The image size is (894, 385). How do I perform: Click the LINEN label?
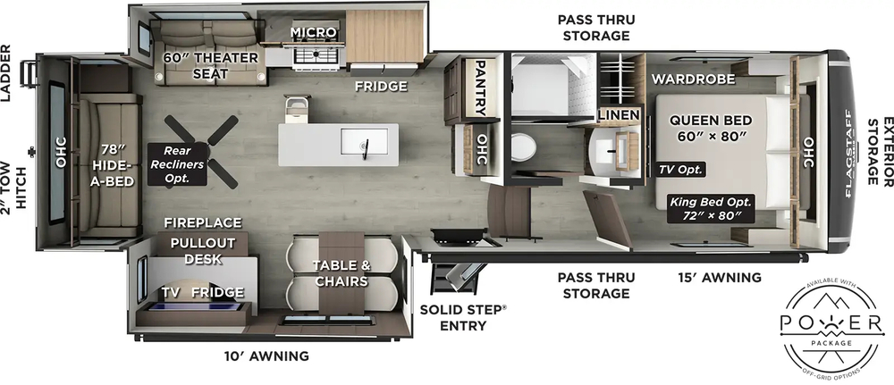click(x=619, y=115)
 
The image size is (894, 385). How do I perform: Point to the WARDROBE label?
click(x=693, y=80)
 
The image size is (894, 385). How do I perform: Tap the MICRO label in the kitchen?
click(x=312, y=33)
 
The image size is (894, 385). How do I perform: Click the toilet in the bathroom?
click(x=525, y=145)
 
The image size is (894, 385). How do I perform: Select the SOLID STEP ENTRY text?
click(x=463, y=317)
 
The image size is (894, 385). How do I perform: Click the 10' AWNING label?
click(x=266, y=356)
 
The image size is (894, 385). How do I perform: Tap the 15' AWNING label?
click(x=720, y=278)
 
